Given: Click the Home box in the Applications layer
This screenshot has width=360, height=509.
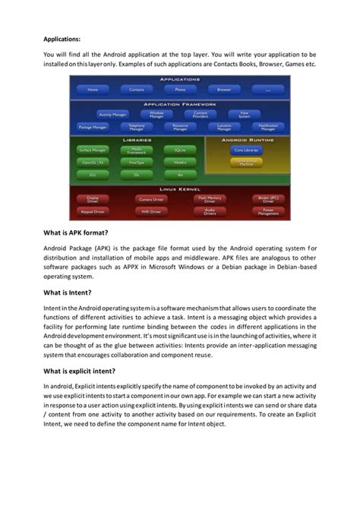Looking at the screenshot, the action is pos(93,89).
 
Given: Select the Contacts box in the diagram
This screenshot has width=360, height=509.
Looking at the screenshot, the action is pos(137,89).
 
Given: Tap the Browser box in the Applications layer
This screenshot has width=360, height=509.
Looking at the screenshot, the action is pos(224,89).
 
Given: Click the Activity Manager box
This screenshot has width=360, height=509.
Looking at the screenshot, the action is pos(113,114).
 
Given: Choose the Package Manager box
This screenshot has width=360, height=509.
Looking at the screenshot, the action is pos(93,128).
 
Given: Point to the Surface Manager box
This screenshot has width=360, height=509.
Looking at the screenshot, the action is pos(93,150).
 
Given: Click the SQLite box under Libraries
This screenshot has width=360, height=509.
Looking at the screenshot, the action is pos(179,150).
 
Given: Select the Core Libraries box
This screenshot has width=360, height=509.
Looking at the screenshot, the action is pos(245,150).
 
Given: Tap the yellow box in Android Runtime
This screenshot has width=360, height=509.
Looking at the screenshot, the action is pos(245,163).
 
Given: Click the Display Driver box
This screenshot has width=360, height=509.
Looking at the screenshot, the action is pos(93,199).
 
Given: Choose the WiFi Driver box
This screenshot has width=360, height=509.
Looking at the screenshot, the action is pos(151,211).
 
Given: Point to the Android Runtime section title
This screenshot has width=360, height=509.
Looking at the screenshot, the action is pos(245,140).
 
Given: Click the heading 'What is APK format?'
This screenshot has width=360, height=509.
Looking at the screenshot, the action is pos(75,232).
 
